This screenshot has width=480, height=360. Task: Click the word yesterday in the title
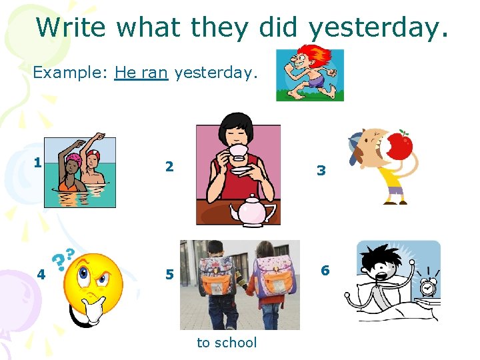coord(378,28)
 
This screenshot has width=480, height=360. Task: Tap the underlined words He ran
coord(141,72)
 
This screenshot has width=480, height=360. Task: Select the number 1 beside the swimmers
coord(39,162)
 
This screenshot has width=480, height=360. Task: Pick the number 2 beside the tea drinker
coord(169,167)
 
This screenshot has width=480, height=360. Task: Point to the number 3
coord(321,171)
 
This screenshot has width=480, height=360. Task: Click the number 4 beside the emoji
coord(41,273)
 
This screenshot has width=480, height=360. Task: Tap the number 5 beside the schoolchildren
coord(169,274)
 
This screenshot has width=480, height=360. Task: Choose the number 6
coord(325,270)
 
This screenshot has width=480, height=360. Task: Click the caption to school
coord(227,343)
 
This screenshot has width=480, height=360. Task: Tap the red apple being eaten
coord(400,147)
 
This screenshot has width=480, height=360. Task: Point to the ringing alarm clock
coord(427,287)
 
